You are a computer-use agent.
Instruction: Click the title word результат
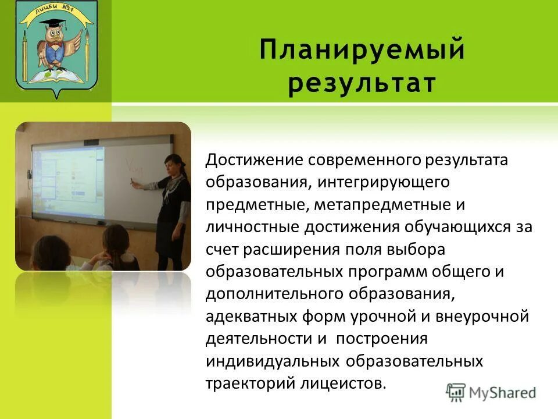[362, 83]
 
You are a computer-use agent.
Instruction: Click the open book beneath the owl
[55, 76]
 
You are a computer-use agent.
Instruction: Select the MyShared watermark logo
[491, 392]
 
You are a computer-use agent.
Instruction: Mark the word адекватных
[252, 317]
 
